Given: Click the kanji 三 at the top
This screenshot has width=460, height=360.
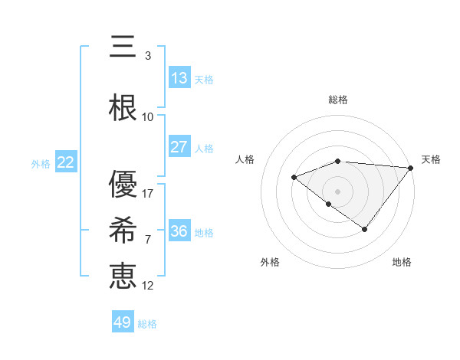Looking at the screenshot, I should click(123, 48).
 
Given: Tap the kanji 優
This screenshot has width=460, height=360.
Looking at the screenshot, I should click(123, 184).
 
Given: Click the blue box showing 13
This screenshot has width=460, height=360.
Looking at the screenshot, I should click(179, 78).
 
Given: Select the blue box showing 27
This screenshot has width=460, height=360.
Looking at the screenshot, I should click(179, 147).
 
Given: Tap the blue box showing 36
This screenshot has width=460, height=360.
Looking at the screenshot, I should click(179, 231).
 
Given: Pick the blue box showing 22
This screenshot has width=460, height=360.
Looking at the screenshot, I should click(65, 162).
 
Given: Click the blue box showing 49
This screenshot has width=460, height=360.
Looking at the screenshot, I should click(123, 322).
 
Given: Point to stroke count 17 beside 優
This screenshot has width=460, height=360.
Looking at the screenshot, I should click(148, 193).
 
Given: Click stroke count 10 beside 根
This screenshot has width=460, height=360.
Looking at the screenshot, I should click(148, 116).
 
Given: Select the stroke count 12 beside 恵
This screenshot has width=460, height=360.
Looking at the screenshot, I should click(148, 285).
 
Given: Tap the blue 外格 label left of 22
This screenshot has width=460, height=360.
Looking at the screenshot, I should click(41, 163).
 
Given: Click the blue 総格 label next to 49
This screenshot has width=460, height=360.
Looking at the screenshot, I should click(147, 324).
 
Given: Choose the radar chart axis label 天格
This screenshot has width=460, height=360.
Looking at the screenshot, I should click(431, 159).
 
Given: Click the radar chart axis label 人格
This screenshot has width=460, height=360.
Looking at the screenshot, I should click(245, 159).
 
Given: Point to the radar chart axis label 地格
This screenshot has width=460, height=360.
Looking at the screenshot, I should click(402, 262).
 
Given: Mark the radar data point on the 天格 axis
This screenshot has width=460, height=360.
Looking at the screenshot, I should click(411, 168).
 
